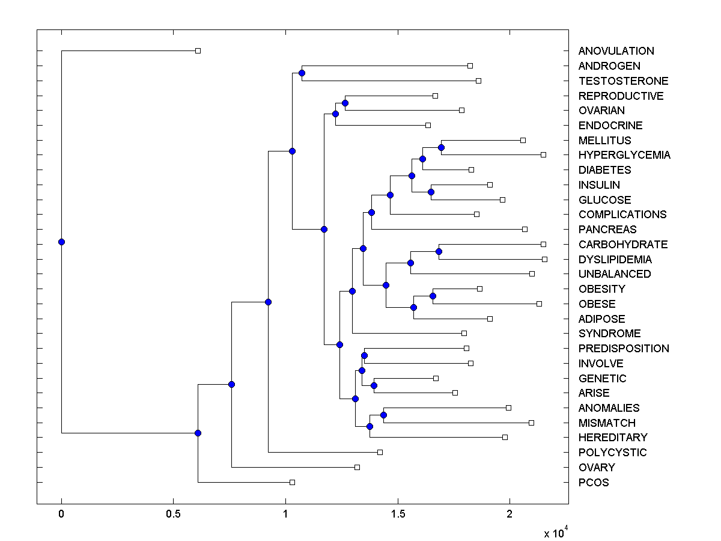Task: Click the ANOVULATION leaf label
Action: click(x=616, y=51)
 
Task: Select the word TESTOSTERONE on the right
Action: click(x=623, y=81)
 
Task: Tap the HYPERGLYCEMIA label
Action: click(x=624, y=155)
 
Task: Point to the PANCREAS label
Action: click(x=607, y=230)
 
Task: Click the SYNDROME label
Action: click(x=609, y=334)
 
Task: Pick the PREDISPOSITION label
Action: click(x=624, y=349)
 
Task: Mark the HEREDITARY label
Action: click(x=613, y=438)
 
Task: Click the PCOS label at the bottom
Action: click(x=594, y=483)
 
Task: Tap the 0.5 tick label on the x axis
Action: click(x=173, y=514)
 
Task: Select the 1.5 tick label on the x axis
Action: click(x=397, y=514)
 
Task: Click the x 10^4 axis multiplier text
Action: click(x=556, y=533)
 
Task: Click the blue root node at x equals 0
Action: click(x=61, y=242)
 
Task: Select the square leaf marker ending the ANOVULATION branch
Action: click(x=198, y=51)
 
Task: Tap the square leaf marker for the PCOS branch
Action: click(x=292, y=482)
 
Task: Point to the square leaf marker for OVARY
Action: click(x=357, y=467)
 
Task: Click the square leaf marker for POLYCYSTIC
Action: click(x=380, y=452)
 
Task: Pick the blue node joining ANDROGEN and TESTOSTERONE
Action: click(x=302, y=73)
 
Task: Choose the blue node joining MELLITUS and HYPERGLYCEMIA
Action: click(x=441, y=147)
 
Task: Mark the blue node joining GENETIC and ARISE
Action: click(x=374, y=385)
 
